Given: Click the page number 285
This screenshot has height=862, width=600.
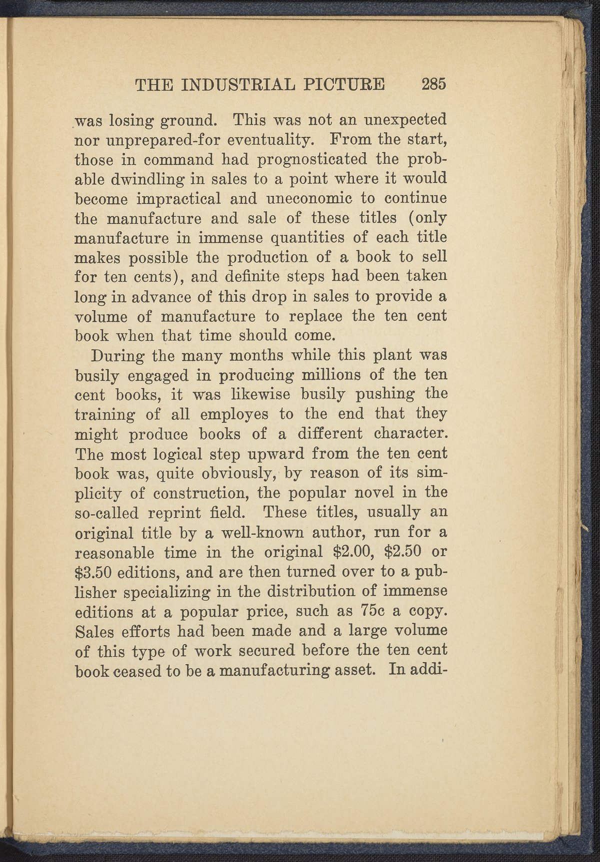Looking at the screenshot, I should coord(433,84).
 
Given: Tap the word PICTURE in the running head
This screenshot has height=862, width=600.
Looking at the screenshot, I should coord(348,84).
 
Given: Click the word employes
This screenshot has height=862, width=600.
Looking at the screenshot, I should coord(234,414).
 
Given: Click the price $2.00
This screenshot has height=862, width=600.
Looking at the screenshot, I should coord(350,552).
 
